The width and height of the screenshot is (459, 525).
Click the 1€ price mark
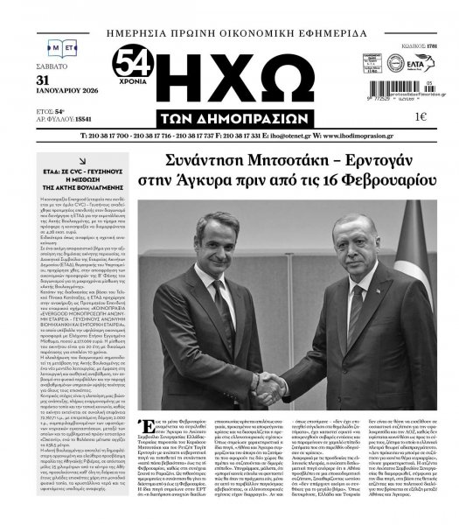tap(421, 116)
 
